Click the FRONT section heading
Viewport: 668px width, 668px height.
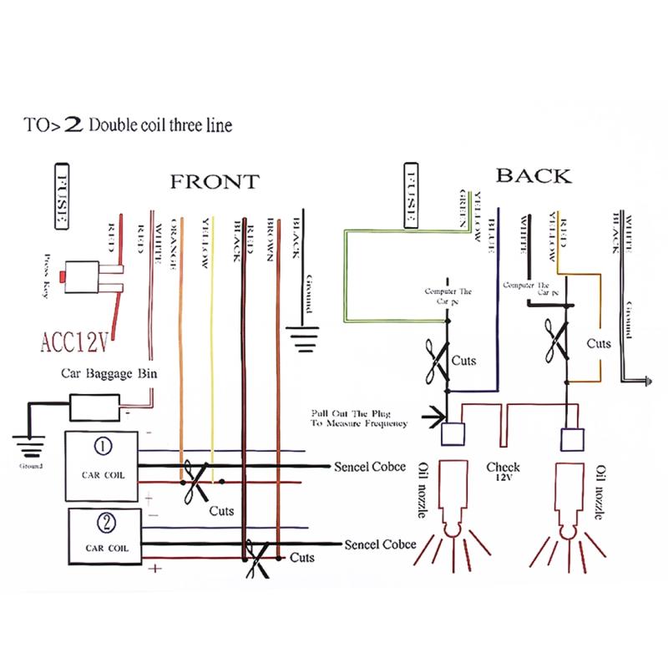pos(215,181)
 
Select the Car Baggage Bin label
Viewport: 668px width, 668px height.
pos(109,376)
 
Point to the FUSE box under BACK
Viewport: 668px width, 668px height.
pos(410,196)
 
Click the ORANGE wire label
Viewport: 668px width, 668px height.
pos(175,243)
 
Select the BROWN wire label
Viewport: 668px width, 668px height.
pos(270,241)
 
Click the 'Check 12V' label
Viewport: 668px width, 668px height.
pos(503,473)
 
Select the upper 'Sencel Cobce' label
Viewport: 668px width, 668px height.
pos(374,465)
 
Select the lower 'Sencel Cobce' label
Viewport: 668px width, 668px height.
pos(380,544)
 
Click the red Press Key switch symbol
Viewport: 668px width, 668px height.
pos(89,278)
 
